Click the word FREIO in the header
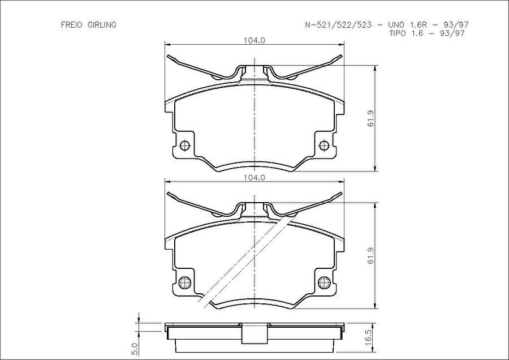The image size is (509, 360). [72, 25]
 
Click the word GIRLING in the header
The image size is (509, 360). [102, 25]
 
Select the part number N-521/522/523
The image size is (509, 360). [338, 25]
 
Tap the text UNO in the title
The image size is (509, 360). [394, 25]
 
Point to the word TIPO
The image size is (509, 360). [398, 33]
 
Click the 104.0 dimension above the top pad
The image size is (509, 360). [254, 40]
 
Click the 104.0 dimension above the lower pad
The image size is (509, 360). [254, 178]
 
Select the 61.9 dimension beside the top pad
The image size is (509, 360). [371, 119]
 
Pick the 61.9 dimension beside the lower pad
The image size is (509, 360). [371, 256]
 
